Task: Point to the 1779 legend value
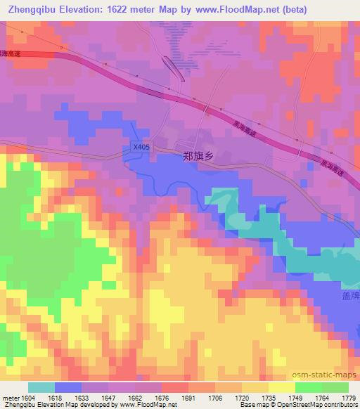point(347,397)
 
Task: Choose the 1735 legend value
point(268,397)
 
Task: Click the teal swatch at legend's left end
point(41,387)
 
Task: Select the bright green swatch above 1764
point(308,387)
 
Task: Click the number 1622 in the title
point(120,9)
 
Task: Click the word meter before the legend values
point(9,397)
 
